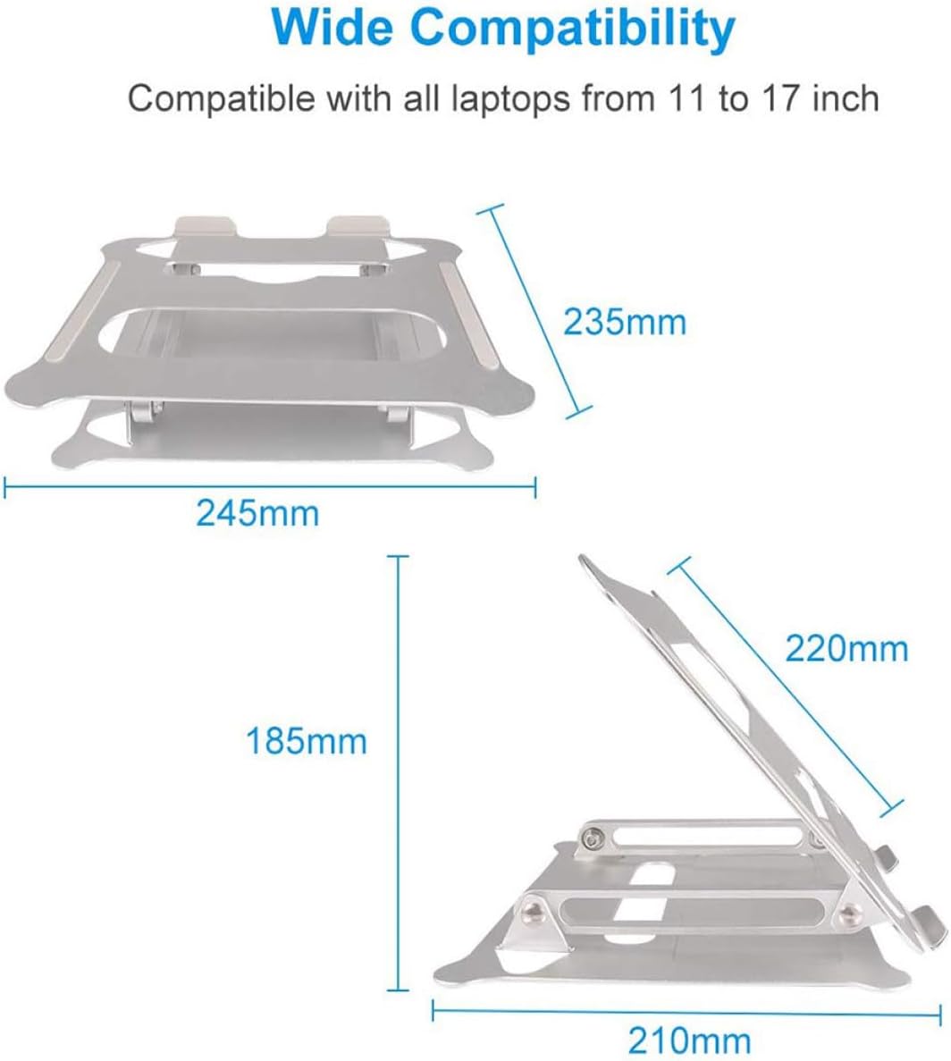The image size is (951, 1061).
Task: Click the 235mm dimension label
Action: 625,321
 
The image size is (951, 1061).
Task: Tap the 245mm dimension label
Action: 257,513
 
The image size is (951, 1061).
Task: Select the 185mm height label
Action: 307,741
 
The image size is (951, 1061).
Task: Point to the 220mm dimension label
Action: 846,647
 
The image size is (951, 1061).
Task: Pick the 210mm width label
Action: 689,1040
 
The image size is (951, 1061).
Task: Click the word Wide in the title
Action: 334,29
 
